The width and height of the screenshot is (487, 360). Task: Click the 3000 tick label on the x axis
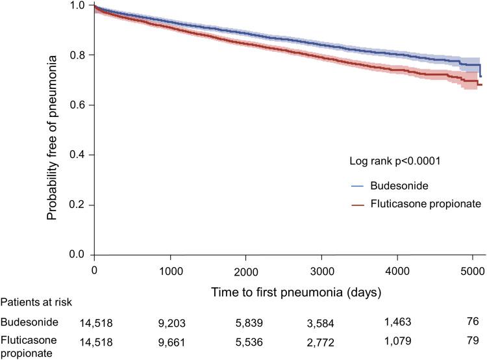click(321, 269)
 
